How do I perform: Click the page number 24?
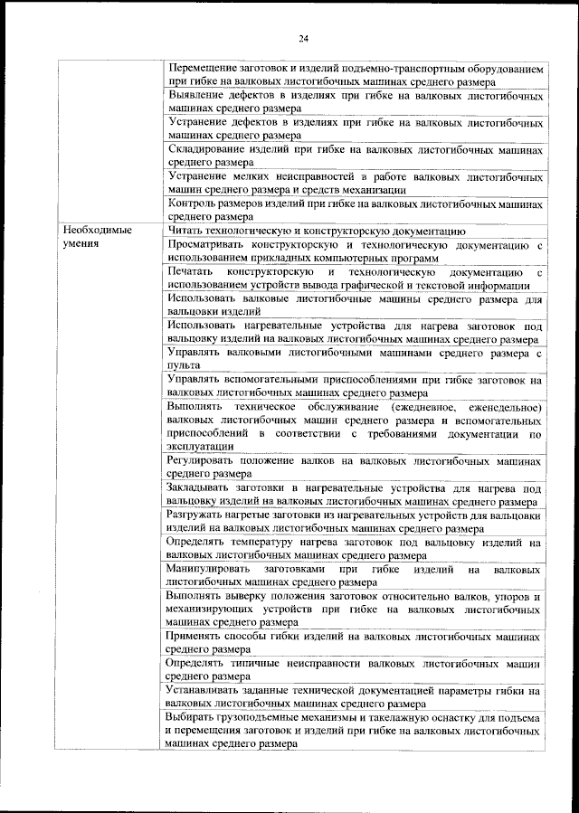(302, 37)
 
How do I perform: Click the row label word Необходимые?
(97, 231)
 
